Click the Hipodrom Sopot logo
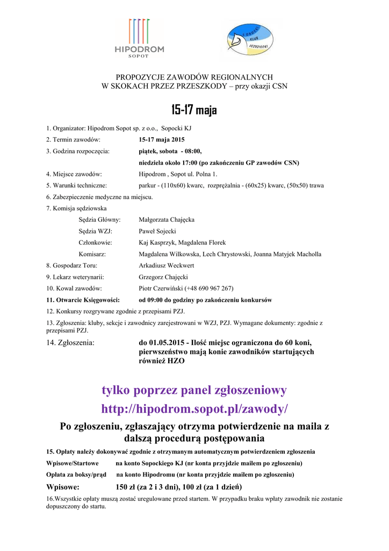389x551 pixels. pos(139,39)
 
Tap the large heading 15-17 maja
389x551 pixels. pos(194,111)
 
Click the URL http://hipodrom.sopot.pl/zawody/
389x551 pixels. pos(194,409)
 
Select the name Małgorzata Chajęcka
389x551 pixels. pos(167,220)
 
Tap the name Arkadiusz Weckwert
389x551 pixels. pos(167,266)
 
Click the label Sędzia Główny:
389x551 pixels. pos(99,220)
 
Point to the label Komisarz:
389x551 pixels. pos(92,254)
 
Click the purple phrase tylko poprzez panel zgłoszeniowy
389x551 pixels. pos(194,390)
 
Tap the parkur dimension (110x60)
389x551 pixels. pos(172,186)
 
